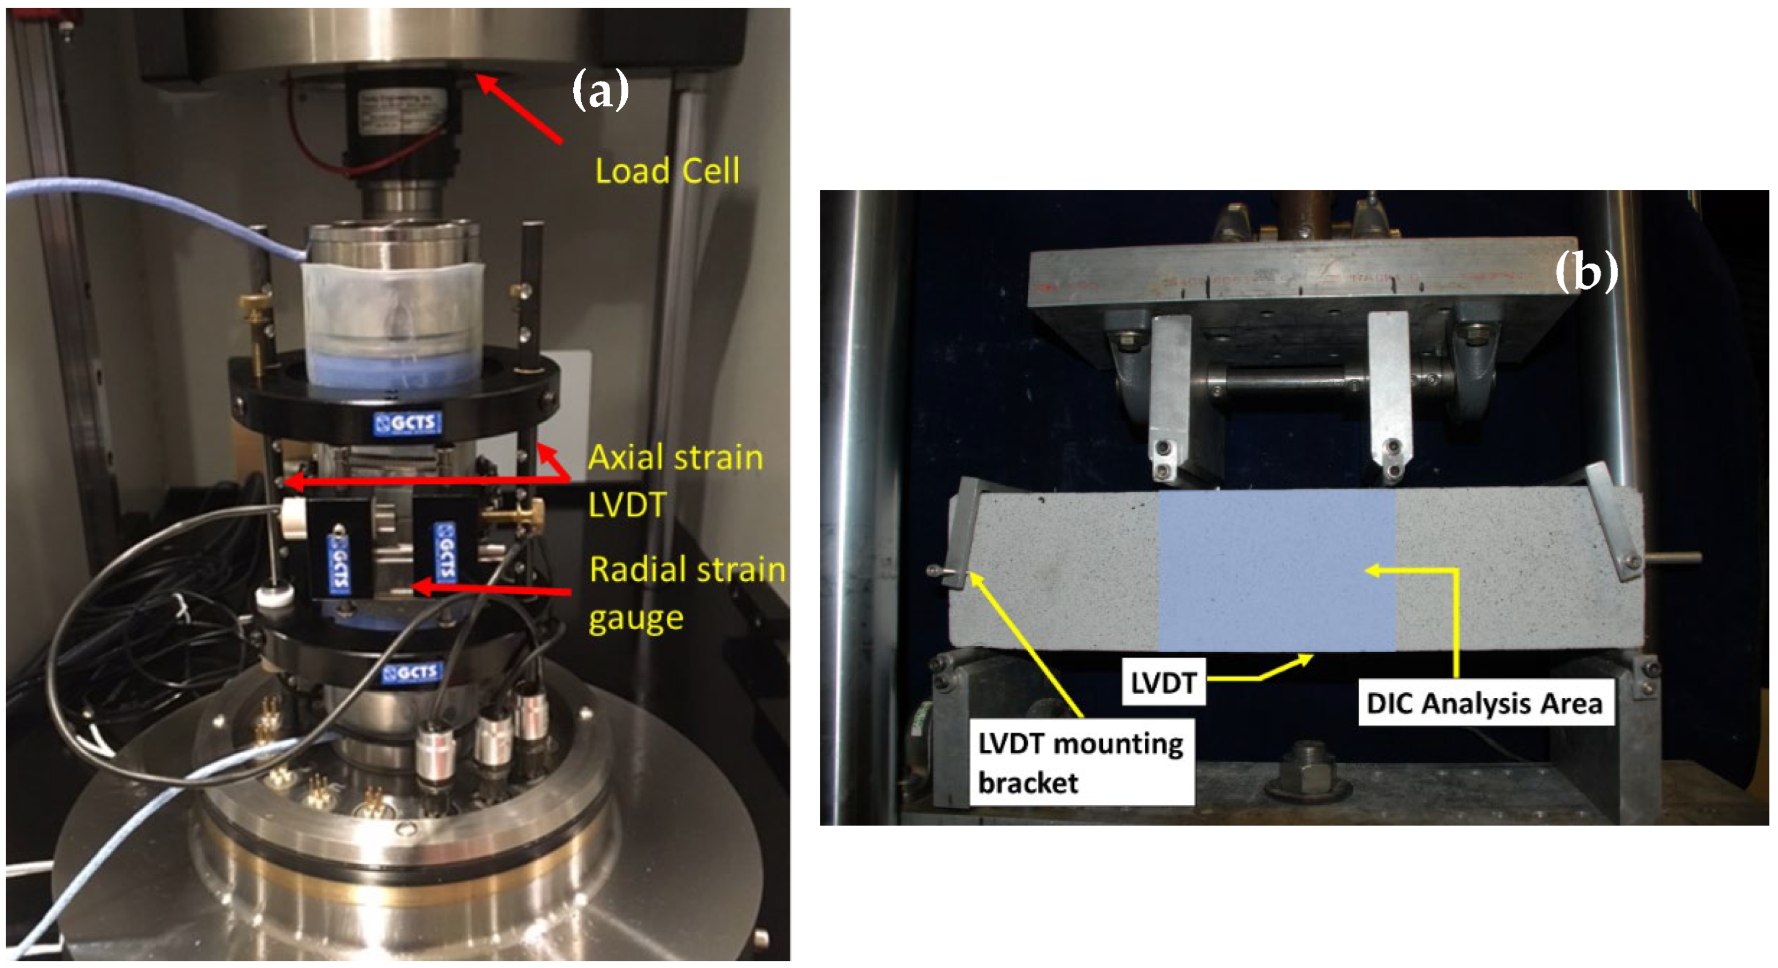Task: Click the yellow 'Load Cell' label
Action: coord(667,171)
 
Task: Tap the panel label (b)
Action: coord(1585,271)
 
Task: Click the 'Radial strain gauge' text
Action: coord(686,593)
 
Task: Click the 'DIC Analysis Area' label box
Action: coord(1484,703)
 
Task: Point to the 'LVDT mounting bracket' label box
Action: coord(1081,762)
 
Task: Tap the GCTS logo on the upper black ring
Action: coord(407,422)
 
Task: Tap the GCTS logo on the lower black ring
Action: coord(411,672)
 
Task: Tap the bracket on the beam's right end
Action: coord(1614,521)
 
